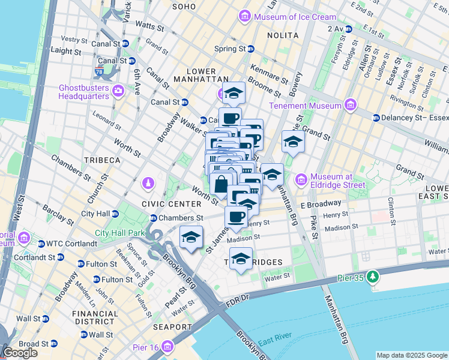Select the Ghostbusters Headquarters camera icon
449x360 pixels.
coord(118,91)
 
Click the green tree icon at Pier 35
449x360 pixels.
coord(373,277)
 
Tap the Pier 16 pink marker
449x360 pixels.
coord(167,346)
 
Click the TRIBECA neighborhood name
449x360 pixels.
coord(102,160)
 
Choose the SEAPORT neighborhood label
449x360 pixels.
coord(172,326)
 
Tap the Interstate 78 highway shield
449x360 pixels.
coord(97,72)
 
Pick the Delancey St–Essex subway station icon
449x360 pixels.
coord(376,118)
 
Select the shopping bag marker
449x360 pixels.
coord(221,184)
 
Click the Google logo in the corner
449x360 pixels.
coord(20,353)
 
